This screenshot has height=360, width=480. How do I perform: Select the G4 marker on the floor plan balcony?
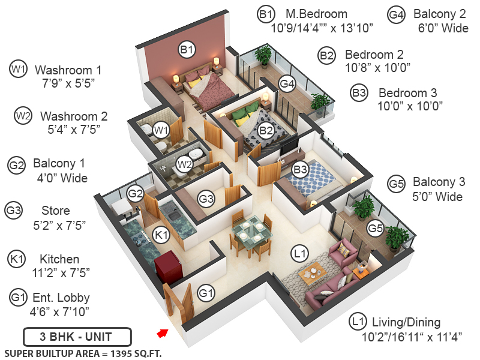287,83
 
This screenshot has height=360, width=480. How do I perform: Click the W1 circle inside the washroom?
161,128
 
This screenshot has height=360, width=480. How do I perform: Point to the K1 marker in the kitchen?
161,235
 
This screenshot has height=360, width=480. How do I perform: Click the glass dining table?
248,232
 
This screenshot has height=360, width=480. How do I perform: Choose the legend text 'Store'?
56,211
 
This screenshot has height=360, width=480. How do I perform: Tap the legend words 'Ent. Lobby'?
64,298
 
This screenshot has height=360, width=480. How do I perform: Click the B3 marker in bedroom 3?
300,170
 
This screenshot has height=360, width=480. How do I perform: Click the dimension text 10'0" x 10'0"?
410,106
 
